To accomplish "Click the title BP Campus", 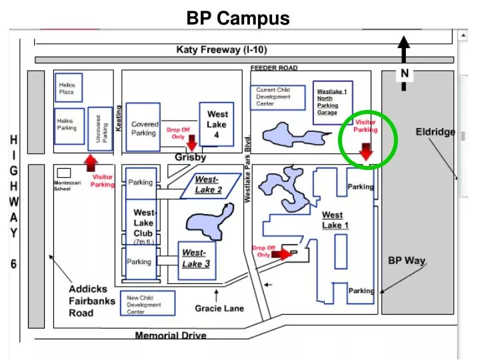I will pos(238,17).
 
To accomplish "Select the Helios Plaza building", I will pos(67,90).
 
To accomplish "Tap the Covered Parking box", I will pos(143,128).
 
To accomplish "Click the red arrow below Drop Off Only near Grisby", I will pos(192,144).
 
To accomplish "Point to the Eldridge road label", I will pos(435,131).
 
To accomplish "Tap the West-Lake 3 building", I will pos(197,259).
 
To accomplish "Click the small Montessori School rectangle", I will pos(64,173).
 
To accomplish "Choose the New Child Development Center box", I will pos(147,304).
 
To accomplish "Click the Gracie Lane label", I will pos(219,309).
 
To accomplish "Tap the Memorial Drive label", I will pos(171,335).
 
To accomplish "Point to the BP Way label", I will pos(407,260).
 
